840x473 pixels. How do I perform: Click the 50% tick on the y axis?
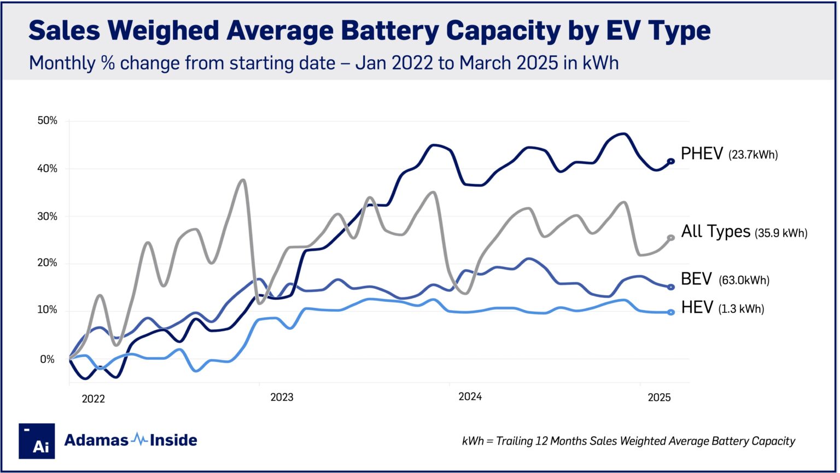46,120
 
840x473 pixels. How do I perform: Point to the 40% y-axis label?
46,168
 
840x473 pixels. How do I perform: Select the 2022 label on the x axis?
93,399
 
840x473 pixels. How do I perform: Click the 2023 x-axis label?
282,397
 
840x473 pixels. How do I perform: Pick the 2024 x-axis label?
470,397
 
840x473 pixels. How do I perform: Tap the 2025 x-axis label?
659,398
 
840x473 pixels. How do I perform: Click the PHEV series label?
702,154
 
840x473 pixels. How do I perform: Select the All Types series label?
715,231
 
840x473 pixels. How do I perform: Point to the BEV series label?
696,279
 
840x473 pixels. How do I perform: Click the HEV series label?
697,308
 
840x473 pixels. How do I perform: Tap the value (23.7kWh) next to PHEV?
752,155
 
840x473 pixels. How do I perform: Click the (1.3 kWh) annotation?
741,310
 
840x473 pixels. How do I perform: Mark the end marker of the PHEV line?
671,161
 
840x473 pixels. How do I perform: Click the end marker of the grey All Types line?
671,237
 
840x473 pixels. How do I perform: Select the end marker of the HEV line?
671,312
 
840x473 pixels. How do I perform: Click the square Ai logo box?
37,441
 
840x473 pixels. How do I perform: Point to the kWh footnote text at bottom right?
628,441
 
